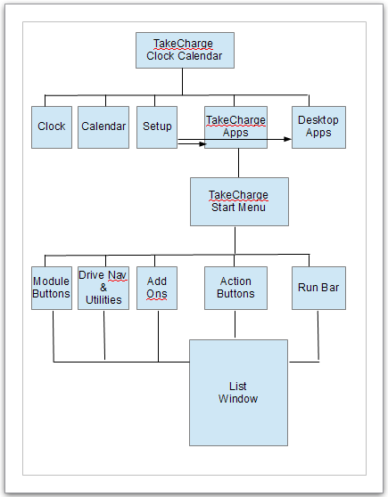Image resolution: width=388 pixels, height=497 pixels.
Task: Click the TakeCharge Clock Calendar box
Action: [185, 50]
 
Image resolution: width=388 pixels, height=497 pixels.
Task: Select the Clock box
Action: [51, 126]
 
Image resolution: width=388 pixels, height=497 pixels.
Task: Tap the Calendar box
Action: [103, 126]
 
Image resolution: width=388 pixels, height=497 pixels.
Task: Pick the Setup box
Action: [157, 126]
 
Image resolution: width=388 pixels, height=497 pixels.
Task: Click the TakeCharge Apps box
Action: [235, 126]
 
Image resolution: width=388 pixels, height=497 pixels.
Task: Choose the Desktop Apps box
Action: [318, 126]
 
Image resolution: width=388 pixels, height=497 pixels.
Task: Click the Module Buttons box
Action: [51, 288]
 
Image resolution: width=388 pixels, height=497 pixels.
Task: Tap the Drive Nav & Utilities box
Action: [103, 288]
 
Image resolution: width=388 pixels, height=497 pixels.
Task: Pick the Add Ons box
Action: [157, 288]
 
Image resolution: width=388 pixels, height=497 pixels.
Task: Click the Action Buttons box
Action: [235, 288]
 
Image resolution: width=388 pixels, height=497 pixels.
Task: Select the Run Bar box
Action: [318, 288]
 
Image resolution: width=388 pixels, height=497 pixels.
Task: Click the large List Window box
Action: [237, 392]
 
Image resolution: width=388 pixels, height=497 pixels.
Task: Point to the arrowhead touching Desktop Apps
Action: [288, 139]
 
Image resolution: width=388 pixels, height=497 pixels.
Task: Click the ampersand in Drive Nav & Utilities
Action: [103, 288]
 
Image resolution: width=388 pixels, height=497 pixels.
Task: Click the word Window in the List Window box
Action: [237, 399]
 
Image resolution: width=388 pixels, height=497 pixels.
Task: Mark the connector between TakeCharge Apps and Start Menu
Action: [238, 162]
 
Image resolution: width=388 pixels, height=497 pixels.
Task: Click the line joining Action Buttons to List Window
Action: [235, 324]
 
